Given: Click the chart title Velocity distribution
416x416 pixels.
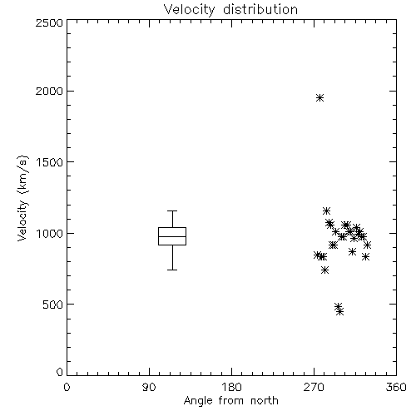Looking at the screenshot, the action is [x=230, y=10].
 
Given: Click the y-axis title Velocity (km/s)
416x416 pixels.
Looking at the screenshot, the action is [x=23, y=198].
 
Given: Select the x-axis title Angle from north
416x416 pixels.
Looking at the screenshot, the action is [x=230, y=401].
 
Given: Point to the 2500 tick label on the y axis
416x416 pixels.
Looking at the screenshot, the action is [x=49, y=22].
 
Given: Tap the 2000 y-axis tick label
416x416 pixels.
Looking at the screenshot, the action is [x=49, y=91].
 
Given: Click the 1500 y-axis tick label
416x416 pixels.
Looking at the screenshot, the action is [x=50, y=162].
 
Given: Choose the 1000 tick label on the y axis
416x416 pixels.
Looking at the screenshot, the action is [x=50, y=233].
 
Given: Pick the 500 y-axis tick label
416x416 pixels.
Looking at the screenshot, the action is [x=53, y=305].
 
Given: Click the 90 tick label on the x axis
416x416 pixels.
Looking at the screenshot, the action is [x=149, y=387].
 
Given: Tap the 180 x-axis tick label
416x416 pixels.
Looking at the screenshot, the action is [x=231, y=387].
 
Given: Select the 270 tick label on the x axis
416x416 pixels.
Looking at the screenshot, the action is [x=314, y=387].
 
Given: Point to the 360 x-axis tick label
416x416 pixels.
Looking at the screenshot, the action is [x=396, y=387].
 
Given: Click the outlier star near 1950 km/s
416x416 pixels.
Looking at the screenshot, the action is [x=320, y=98].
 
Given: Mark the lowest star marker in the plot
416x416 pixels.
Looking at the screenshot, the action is [x=340, y=312].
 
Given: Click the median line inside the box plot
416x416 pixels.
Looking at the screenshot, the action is [x=172, y=236].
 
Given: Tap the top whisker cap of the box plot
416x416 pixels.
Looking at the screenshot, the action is [x=172, y=210].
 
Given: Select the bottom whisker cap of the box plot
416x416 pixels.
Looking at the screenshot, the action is [x=172, y=270].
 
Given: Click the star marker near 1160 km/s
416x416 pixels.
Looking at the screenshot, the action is [x=327, y=210].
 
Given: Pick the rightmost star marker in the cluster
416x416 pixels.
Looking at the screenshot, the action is [x=368, y=245].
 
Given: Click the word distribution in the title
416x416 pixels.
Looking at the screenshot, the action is [x=260, y=10].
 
